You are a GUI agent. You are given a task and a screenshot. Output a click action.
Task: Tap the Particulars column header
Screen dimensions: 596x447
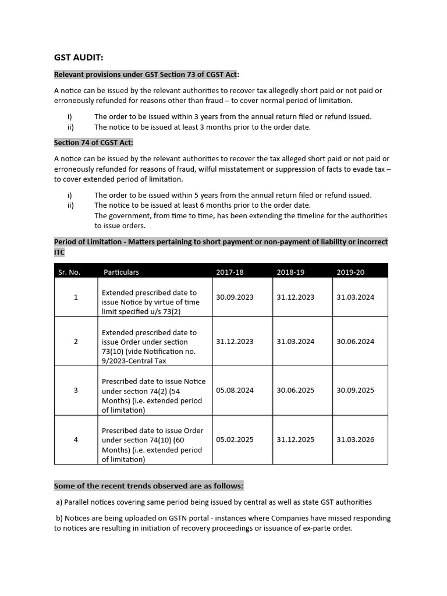121,272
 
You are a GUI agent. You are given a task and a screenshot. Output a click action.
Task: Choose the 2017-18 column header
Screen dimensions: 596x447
230,272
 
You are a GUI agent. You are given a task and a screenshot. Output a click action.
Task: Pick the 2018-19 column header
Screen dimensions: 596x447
290,272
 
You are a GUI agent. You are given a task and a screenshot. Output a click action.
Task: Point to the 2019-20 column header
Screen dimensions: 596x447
350,272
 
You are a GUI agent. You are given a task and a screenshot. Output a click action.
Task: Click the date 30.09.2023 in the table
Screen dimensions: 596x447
235,297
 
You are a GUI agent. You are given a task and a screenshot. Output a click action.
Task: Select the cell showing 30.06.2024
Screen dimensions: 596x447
355,342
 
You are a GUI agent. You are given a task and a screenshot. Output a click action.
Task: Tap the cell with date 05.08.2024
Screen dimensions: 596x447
235,391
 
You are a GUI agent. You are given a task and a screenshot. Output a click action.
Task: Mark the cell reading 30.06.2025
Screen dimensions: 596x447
295,391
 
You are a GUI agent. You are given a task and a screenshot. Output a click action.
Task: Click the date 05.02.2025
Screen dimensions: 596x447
235,439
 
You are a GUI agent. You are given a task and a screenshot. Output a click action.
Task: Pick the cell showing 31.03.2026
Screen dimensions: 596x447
355,439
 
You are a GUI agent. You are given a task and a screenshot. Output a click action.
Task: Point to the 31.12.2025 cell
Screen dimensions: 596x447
295,439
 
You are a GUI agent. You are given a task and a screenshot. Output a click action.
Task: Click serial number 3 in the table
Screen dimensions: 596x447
76,391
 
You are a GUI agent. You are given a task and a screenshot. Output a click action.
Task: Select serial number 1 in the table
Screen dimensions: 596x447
76,297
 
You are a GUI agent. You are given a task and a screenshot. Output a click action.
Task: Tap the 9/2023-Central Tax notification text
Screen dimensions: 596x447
134,360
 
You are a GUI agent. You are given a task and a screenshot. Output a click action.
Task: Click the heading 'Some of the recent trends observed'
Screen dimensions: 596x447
148,486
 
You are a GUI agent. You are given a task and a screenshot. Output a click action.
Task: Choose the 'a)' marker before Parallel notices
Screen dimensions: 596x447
59,502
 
